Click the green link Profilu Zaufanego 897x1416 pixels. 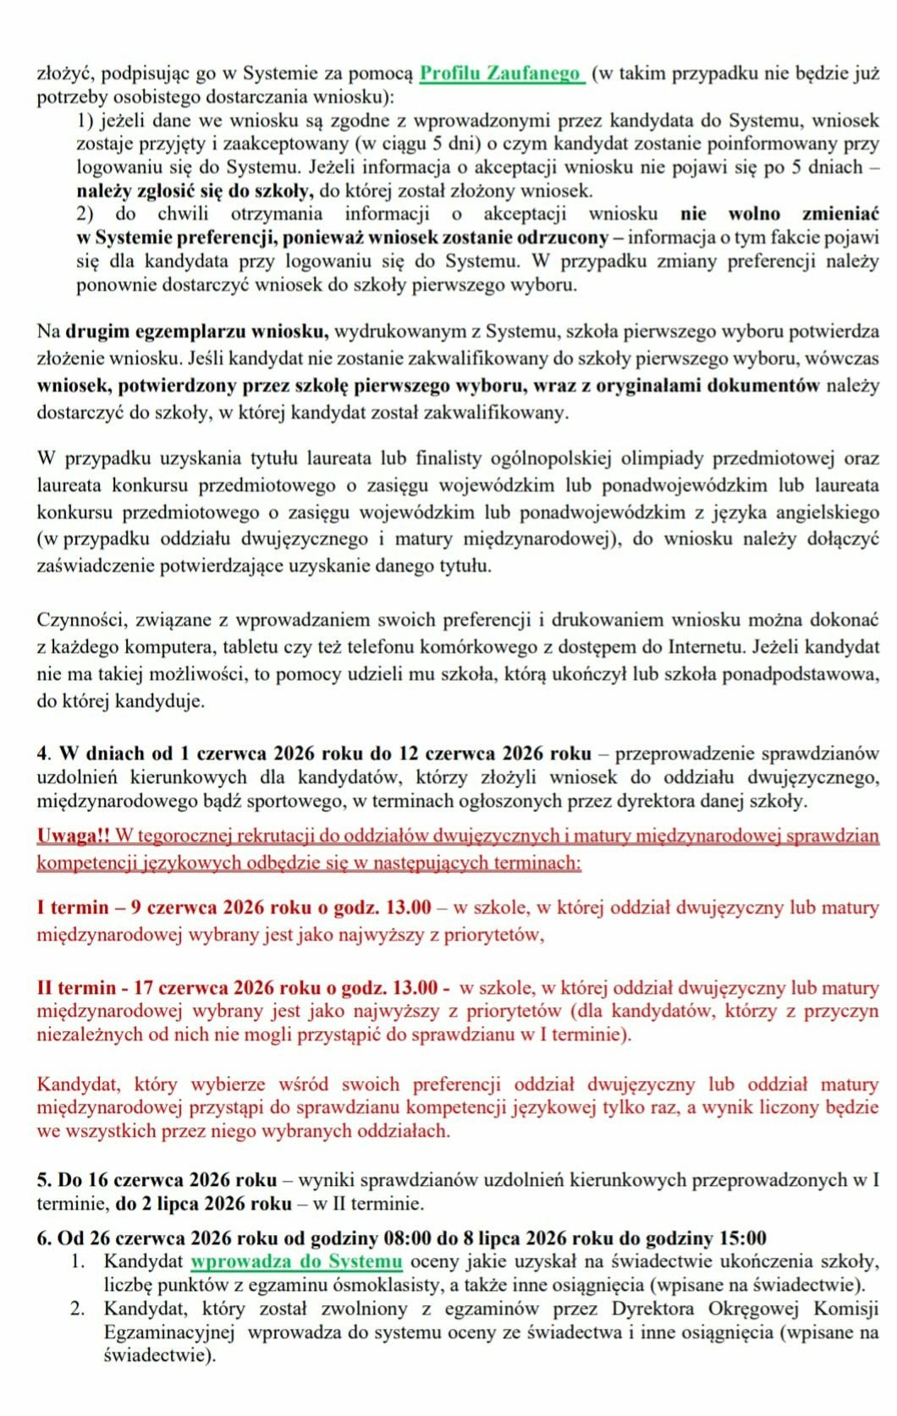coord(501,73)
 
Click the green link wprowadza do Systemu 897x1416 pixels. coord(295,1261)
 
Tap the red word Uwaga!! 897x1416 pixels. coord(73,836)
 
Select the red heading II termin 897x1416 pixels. coord(76,987)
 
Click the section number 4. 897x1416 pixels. coord(43,753)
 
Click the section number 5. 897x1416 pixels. coord(43,1179)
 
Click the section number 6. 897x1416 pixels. coord(43,1238)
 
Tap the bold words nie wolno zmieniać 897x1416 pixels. coord(779,214)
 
